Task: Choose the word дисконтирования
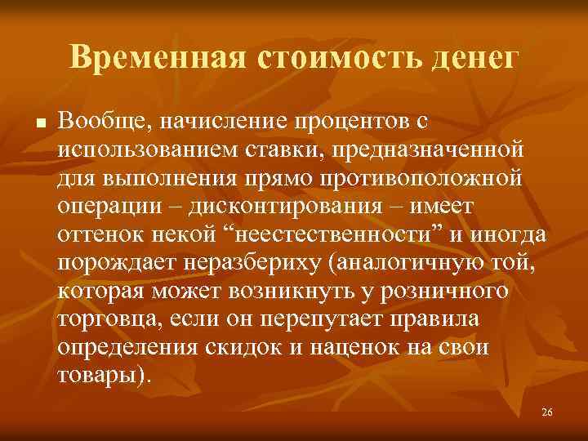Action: (280, 204)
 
